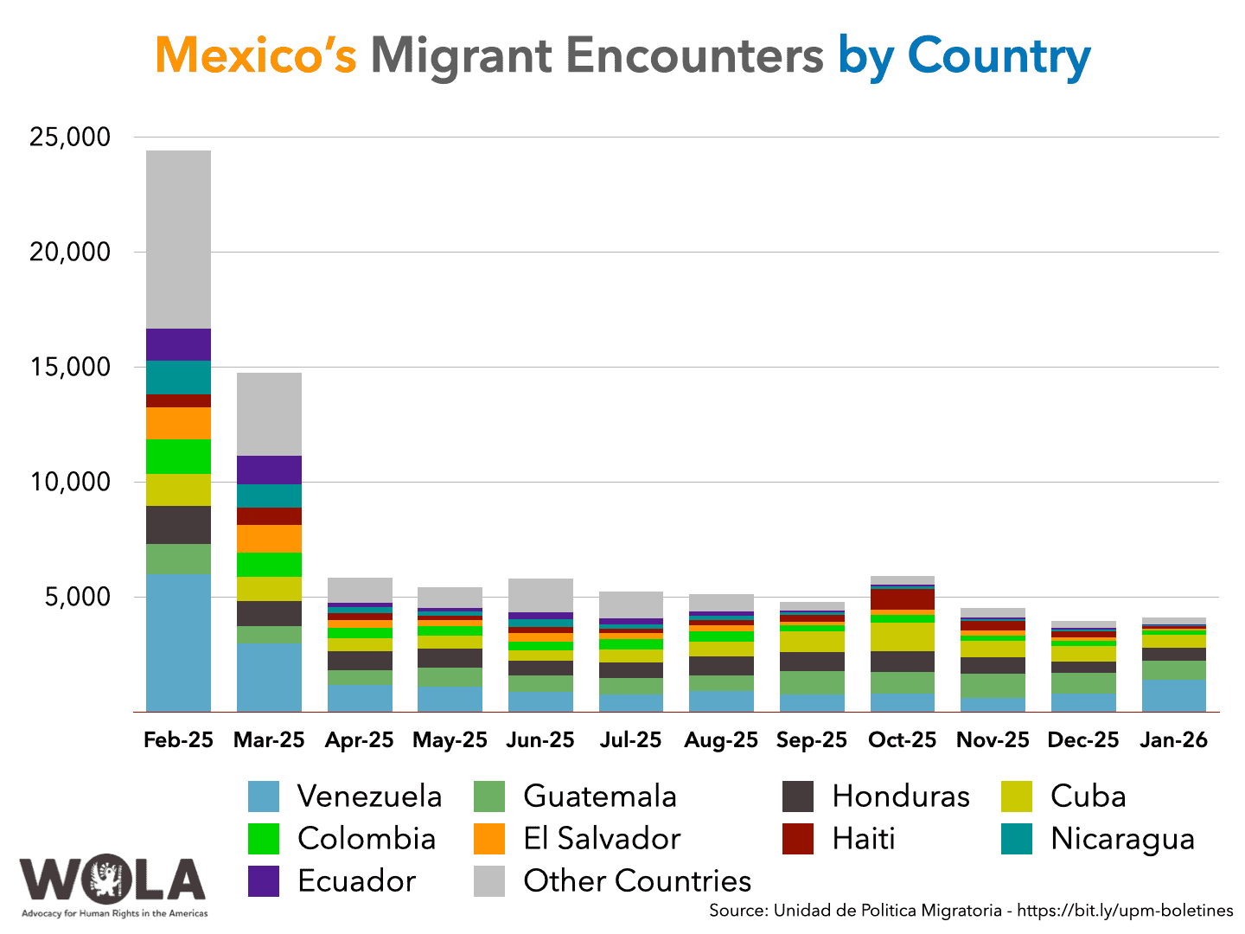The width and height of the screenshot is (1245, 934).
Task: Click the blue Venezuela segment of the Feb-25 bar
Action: point(178,643)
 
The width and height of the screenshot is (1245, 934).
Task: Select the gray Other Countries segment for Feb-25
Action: point(178,240)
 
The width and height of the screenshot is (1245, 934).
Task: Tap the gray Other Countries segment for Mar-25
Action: point(269,414)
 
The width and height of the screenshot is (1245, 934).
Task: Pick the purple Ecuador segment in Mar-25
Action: point(269,470)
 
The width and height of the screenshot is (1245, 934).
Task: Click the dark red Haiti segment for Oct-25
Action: point(902,599)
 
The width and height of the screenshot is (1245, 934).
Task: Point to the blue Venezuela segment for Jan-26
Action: point(1173,695)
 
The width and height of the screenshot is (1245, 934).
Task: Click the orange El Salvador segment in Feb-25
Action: point(178,423)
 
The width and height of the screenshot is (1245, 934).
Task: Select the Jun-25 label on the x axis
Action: point(540,740)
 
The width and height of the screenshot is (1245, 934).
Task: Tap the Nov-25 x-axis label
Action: point(993,740)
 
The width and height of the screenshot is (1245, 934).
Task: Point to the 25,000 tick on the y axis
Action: point(70,137)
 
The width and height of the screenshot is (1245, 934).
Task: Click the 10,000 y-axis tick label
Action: point(70,482)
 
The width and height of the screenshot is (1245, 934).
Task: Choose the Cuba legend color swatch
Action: point(1017,796)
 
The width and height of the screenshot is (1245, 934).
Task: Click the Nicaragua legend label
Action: point(1122,839)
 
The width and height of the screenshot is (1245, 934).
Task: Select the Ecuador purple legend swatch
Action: point(264,881)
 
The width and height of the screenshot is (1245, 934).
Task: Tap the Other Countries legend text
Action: point(637,881)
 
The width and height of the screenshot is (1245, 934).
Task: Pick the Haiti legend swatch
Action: point(798,839)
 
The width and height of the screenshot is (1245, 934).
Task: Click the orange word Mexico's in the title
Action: point(256,55)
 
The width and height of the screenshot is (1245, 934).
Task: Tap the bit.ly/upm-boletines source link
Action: point(1125,911)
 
